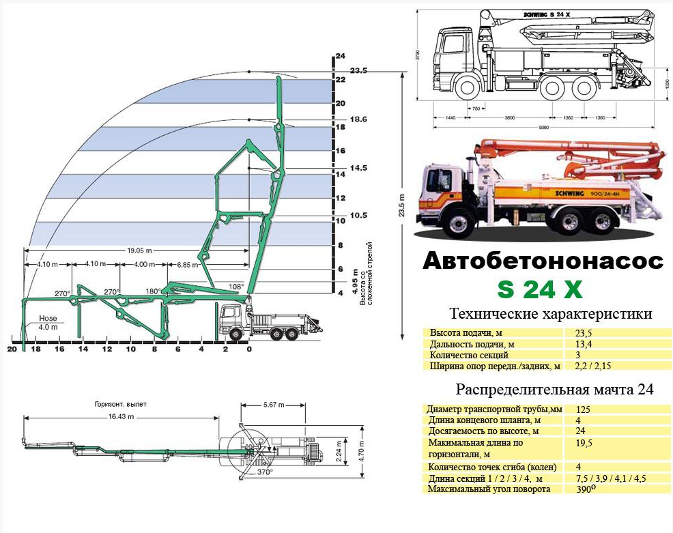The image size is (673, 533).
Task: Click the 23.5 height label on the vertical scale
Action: click(x=358, y=70)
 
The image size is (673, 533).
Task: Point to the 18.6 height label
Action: click(x=358, y=119)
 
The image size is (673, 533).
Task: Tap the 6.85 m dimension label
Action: click(x=188, y=265)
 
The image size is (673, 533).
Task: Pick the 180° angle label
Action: click(x=154, y=291)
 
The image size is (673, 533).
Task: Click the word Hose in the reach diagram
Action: click(x=48, y=318)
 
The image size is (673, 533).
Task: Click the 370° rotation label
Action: click(x=264, y=472)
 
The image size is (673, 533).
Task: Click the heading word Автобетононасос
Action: click(x=543, y=262)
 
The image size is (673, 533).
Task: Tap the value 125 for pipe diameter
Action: click(x=584, y=409)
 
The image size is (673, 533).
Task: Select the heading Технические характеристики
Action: click(x=551, y=314)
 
